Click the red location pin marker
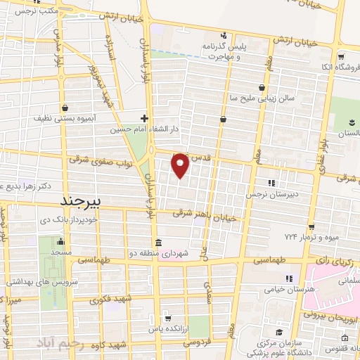180,165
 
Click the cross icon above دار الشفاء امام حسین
144,118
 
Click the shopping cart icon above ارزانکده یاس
167,317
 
